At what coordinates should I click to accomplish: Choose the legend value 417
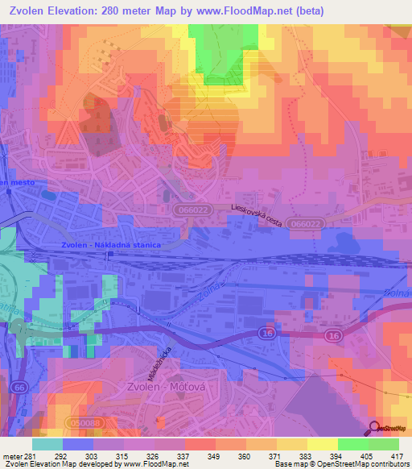pyautogui.click(x=397, y=455)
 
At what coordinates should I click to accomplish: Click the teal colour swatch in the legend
pyautogui.click(x=47, y=444)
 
